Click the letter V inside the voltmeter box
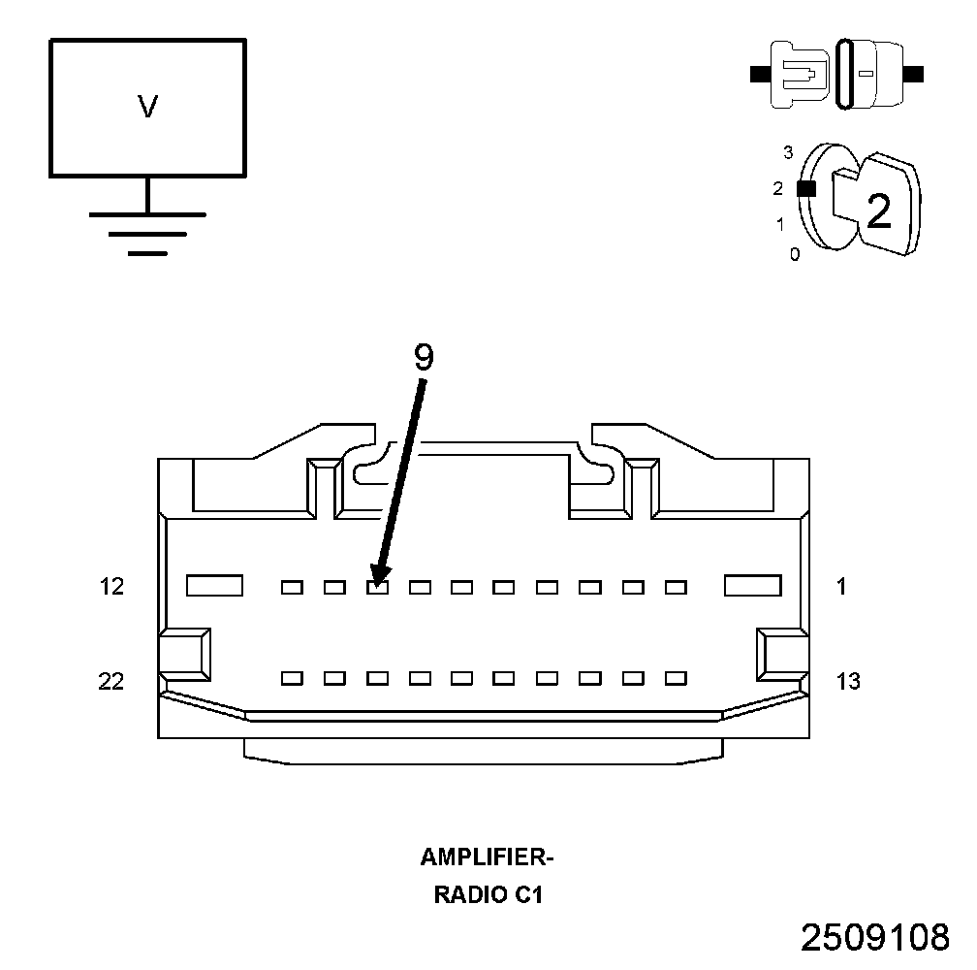click(147, 106)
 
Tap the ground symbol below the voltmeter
click(147, 234)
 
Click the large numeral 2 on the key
click(878, 211)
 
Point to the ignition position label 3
click(788, 152)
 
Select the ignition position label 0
click(795, 254)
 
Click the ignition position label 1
click(780, 224)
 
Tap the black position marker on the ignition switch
click(806, 188)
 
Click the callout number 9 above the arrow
click(424, 358)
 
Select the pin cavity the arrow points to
click(378, 587)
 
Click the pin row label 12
click(112, 587)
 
